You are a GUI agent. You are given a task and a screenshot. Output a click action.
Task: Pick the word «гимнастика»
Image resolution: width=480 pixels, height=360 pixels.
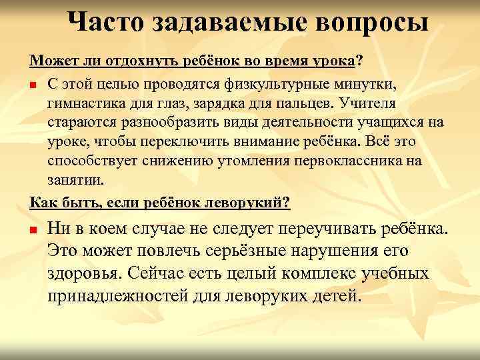click(83, 103)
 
